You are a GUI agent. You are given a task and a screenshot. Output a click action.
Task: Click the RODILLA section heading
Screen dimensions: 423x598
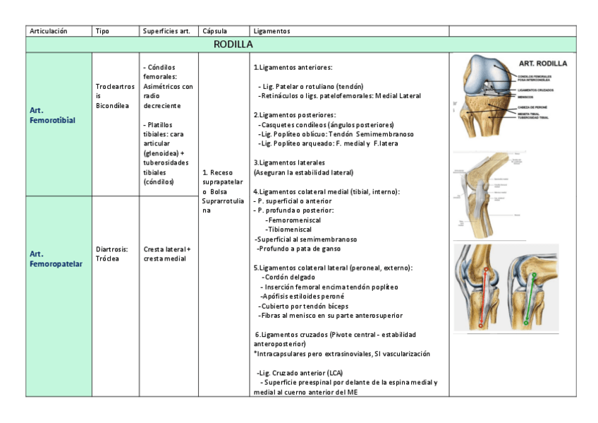click(x=233, y=45)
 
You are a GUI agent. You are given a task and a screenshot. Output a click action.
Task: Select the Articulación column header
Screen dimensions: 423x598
click(x=48, y=31)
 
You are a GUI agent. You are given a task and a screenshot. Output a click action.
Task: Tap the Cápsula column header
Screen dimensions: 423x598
click(x=214, y=31)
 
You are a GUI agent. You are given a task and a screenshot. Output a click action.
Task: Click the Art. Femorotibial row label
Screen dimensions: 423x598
click(x=53, y=116)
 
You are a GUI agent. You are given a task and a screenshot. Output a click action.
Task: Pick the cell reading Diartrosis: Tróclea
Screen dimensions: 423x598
click(x=111, y=254)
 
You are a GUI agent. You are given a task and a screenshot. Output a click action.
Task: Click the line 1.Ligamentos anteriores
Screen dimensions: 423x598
click(x=292, y=68)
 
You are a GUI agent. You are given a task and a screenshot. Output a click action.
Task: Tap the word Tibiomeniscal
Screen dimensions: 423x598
click(x=291, y=230)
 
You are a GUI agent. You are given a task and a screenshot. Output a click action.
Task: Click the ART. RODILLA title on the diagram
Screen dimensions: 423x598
click(x=542, y=63)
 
